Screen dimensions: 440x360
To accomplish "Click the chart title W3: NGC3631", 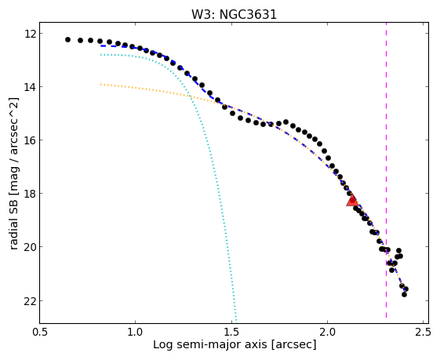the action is point(234,15).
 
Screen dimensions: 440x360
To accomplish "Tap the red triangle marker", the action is point(352,200).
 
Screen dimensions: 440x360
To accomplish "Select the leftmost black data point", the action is point(67,39).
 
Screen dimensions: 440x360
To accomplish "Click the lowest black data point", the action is point(404,294).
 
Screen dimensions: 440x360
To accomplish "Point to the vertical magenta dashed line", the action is point(386,170).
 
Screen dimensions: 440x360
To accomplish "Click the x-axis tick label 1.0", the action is point(135,333).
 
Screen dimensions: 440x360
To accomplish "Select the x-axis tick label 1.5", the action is point(231,333).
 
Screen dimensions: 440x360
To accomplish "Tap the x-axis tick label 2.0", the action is point(328,333).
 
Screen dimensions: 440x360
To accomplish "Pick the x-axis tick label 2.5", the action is point(424,333).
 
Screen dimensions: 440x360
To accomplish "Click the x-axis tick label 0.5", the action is point(40,333).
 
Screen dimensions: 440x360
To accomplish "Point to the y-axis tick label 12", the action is point(30,34).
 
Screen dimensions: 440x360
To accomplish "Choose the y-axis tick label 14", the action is point(30,87).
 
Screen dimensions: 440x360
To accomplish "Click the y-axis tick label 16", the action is point(30,140).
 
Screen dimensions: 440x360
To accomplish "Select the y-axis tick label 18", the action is point(30,194).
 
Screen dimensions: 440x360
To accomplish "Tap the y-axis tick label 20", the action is point(30,247).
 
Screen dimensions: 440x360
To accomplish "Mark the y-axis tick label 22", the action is point(30,301).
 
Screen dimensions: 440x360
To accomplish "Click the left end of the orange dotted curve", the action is point(100,84).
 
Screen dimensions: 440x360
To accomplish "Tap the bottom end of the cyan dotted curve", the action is point(236,322).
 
